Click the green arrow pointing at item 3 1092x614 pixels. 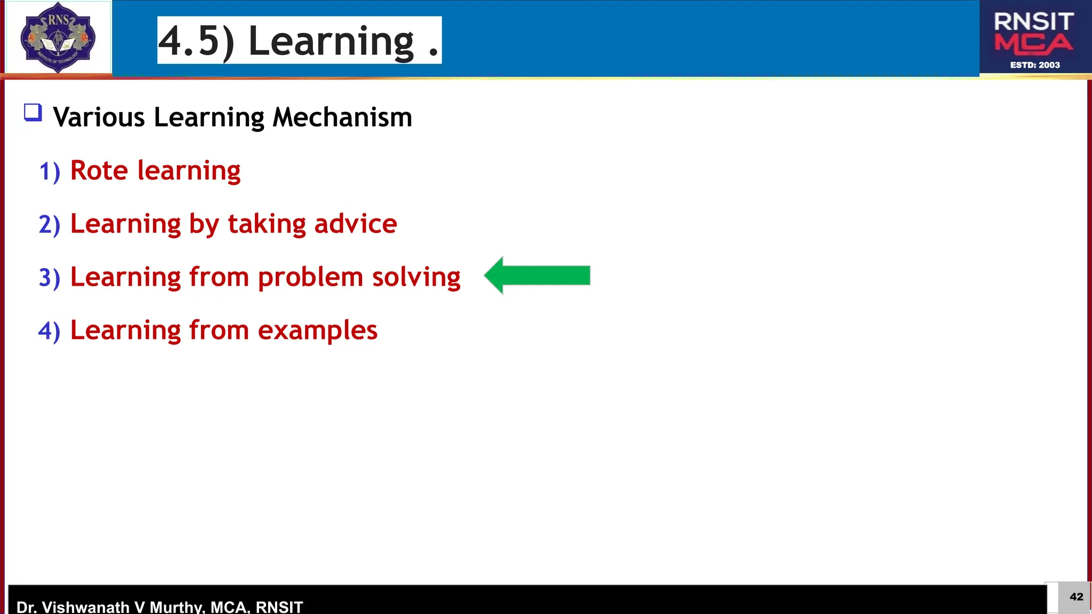(x=537, y=276)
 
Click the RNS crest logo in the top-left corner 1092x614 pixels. (x=58, y=37)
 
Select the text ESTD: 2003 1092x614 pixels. (x=1035, y=65)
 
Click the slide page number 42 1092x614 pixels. (x=1076, y=596)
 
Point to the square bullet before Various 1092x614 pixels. (x=33, y=113)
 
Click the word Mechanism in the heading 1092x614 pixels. (x=342, y=117)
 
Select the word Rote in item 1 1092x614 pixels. (x=99, y=171)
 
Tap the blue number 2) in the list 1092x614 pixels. (x=49, y=224)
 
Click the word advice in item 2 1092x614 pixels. (x=356, y=224)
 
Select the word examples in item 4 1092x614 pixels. (x=318, y=330)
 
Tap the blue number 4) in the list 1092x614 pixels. (x=49, y=331)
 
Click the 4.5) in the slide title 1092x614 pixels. (x=196, y=41)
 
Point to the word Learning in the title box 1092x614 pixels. (x=331, y=41)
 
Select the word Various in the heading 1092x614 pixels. (x=99, y=117)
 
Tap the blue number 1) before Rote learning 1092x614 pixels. (x=50, y=172)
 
